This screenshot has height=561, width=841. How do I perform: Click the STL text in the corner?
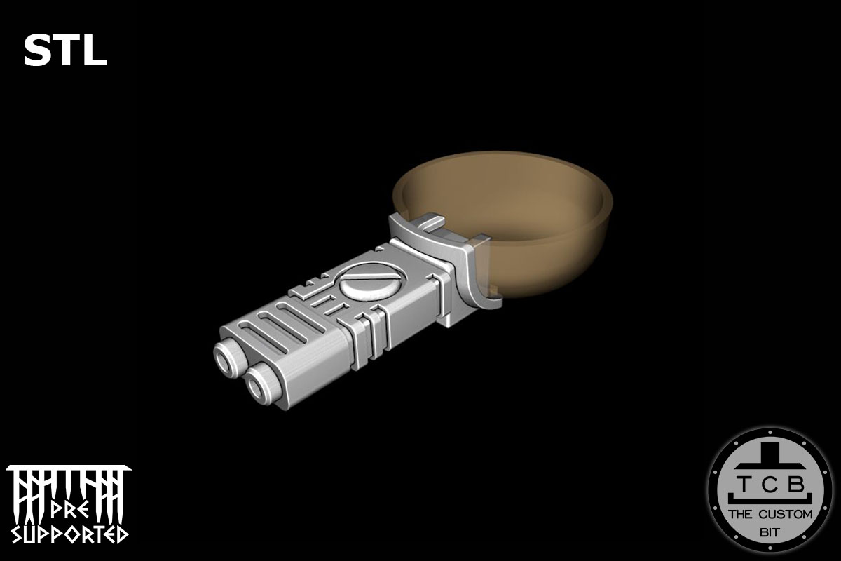(x=64, y=51)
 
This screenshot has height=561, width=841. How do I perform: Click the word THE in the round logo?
(x=741, y=514)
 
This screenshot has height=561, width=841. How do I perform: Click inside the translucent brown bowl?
(x=512, y=210)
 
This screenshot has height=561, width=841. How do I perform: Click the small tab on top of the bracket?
(x=428, y=224)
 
